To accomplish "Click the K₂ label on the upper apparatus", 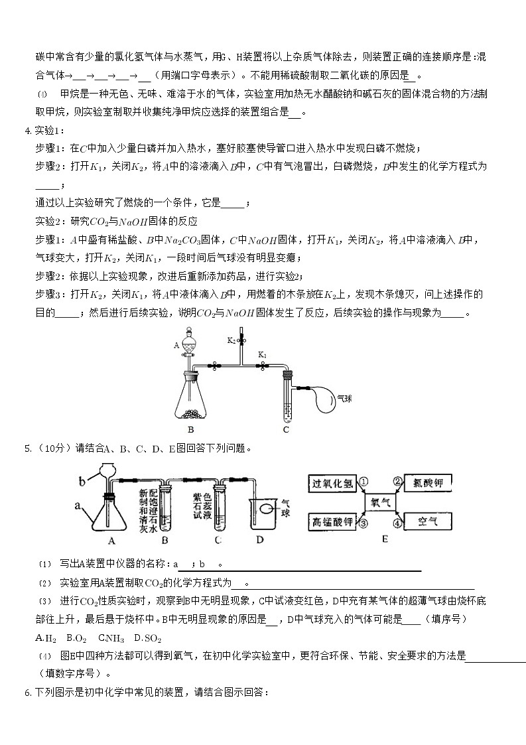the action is click(x=231, y=340).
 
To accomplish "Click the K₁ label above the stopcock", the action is click(x=263, y=355).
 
